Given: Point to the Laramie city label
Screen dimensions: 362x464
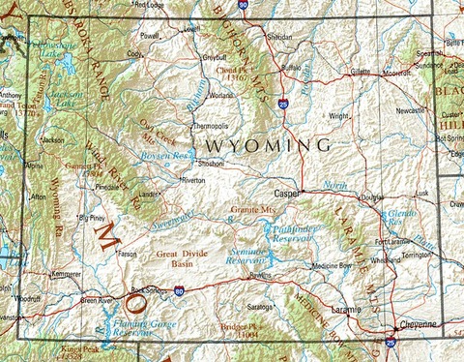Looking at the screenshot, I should point(345,309).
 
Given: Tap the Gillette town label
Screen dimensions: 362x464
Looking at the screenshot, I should point(360,72).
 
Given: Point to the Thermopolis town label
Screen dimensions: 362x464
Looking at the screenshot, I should point(210,127).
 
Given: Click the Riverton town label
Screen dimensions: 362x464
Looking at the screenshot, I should point(193,180).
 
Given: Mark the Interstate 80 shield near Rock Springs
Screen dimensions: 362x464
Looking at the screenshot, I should point(178,288).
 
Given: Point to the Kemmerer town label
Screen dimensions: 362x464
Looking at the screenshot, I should point(66,274).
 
